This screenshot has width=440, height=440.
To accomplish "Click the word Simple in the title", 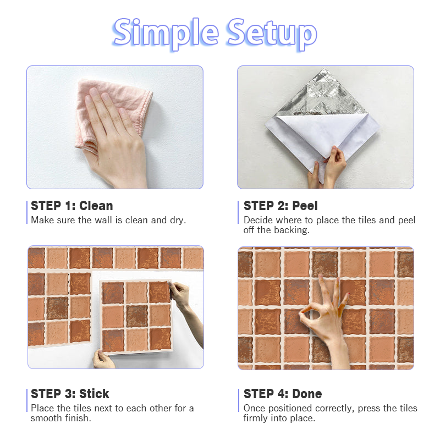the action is click(166, 34).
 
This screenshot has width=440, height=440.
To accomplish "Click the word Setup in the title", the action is click(272, 34).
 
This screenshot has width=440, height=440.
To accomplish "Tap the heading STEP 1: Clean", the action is click(72, 206).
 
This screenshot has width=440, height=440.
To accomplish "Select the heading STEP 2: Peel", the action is click(280, 206).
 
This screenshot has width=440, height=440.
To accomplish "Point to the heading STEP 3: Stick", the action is click(70, 394).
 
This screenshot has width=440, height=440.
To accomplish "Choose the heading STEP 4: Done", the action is click(283, 394).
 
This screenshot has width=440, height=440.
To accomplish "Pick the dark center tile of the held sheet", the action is click(136, 316).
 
